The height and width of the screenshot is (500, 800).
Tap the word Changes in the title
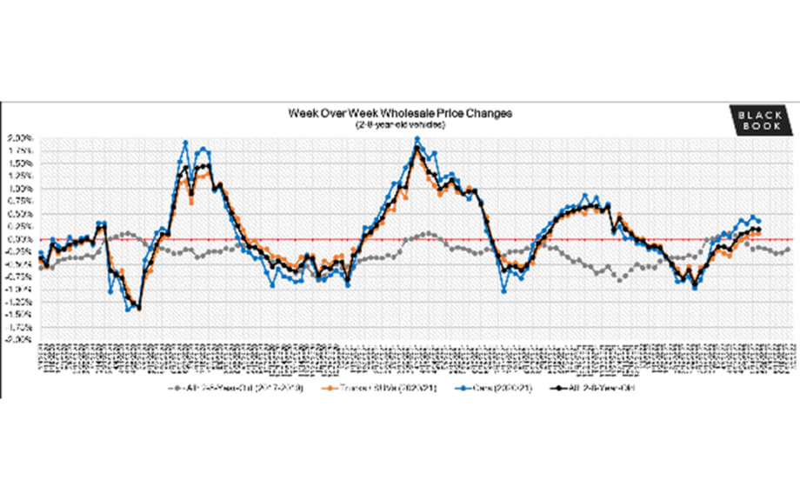click(490, 114)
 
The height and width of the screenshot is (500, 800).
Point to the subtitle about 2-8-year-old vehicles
click(400, 125)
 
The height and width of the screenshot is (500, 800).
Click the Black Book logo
click(761, 121)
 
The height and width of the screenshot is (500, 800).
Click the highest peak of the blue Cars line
click(417, 138)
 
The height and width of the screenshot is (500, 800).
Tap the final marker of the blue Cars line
click(759, 221)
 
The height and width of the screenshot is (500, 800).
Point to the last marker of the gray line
click(788, 249)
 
